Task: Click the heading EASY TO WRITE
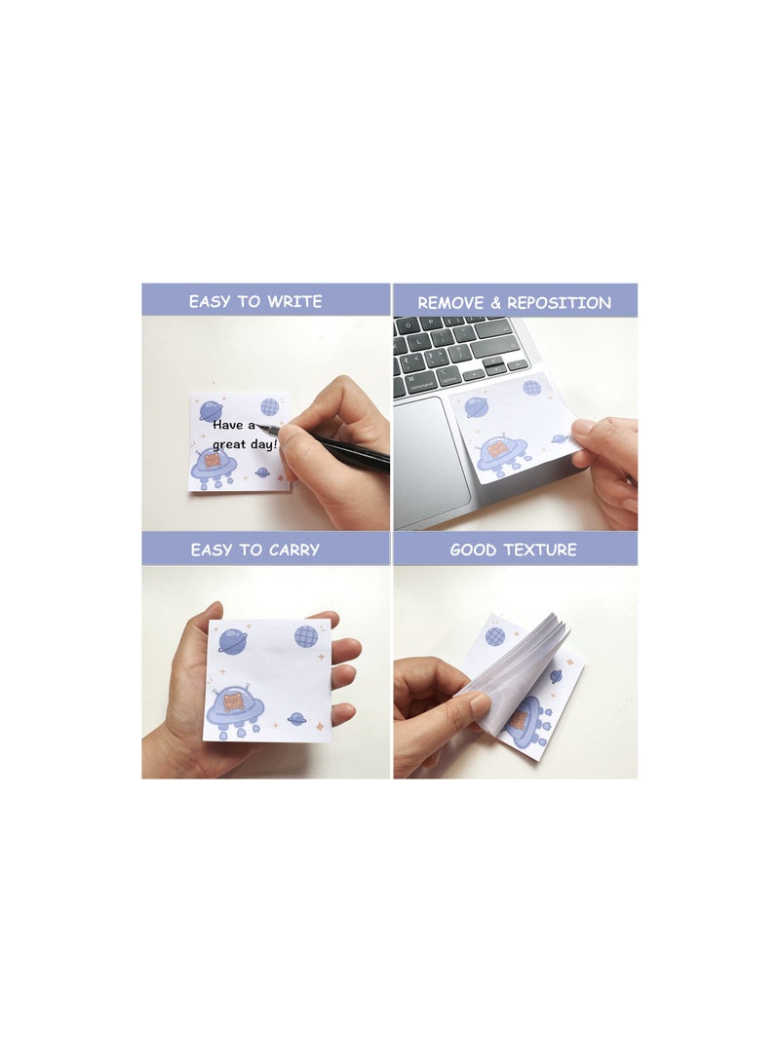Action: tap(254, 301)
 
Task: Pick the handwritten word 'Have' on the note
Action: tap(229, 425)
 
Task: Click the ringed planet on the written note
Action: tap(211, 411)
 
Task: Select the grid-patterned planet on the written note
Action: tap(269, 406)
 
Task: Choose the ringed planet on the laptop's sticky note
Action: tap(476, 406)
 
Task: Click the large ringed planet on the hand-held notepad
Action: tap(233, 640)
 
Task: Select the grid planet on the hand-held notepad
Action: tap(306, 636)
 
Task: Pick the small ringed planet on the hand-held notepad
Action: tap(295, 720)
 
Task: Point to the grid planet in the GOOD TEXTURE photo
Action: tap(495, 635)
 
